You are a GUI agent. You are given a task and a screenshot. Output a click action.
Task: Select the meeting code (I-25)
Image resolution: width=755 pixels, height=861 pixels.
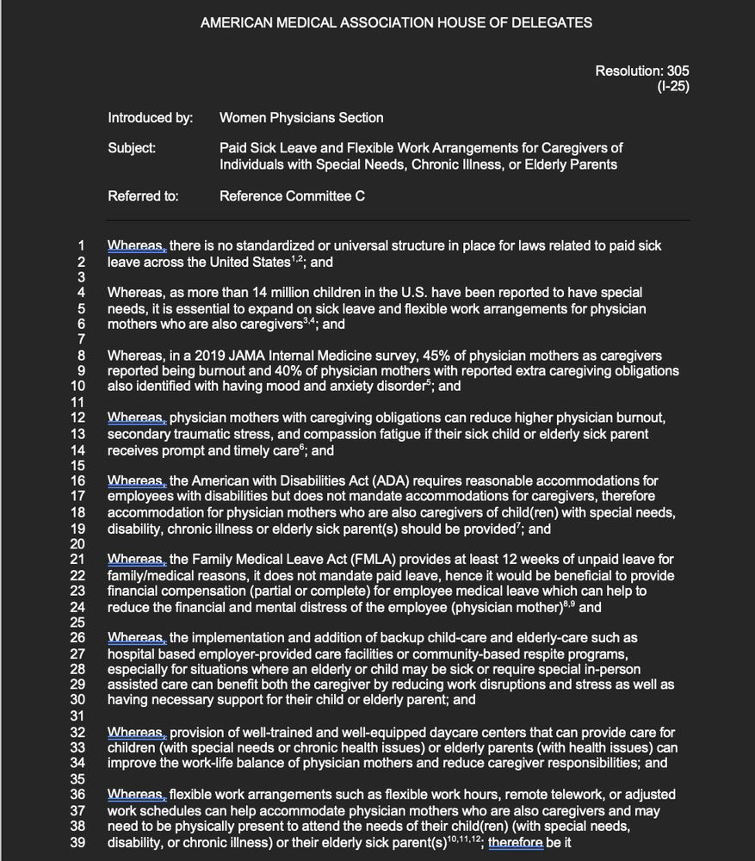pyautogui.click(x=673, y=85)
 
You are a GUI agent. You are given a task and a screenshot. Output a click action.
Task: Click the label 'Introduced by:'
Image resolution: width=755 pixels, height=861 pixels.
pyautogui.click(x=150, y=117)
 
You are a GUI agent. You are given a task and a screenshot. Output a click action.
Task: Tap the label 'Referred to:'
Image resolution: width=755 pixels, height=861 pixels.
pyautogui.click(x=143, y=195)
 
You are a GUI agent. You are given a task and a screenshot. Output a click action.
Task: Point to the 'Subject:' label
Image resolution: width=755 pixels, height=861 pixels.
pyautogui.click(x=132, y=148)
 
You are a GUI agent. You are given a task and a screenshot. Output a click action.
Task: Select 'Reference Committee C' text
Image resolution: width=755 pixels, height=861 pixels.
pyautogui.click(x=292, y=195)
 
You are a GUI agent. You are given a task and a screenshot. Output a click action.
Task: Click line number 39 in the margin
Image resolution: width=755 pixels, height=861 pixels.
pyautogui.click(x=77, y=841)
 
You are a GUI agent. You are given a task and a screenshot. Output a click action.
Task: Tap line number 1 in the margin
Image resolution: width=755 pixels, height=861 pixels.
pyautogui.click(x=81, y=245)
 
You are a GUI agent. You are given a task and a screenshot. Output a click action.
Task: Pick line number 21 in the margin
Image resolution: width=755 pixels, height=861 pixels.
pyautogui.click(x=77, y=560)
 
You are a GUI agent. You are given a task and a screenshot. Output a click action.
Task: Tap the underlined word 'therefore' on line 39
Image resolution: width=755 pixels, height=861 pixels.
pyautogui.click(x=515, y=841)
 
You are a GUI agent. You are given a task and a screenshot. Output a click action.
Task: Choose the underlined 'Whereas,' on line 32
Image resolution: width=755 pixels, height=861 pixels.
pyautogui.click(x=136, y=732)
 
